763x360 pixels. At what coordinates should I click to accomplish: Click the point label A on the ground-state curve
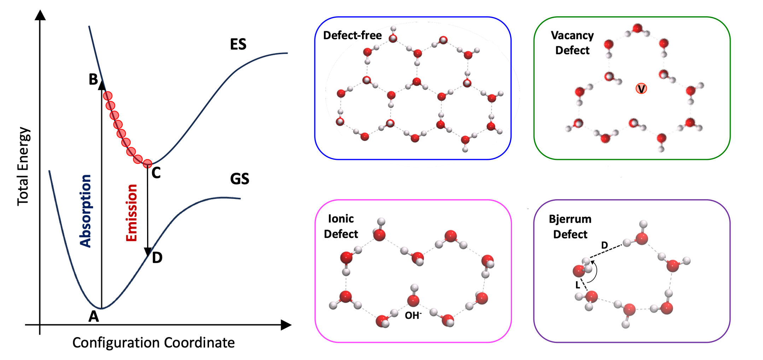[x=93, y=316]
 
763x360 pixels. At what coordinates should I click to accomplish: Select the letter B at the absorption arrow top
[x=93, y=79]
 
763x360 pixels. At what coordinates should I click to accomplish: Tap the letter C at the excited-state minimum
[x=156, y=173]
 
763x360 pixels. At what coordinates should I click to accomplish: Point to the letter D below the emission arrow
[x=157, y=258]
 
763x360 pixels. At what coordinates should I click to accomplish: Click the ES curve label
[x=238, y=45]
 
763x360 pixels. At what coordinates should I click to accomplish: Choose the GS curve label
[x=239, y=179]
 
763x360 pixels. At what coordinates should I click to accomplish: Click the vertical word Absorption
[x=86, y=211]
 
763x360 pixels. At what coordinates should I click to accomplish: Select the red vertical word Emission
[x=132, y=213]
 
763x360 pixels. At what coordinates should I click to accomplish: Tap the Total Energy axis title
[x=23, y=166]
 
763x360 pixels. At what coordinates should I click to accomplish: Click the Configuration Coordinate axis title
[x=153, y=343]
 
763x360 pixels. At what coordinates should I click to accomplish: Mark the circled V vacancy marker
[x=641, y=88]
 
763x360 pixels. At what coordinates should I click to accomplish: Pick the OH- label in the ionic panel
[x=413, y=315]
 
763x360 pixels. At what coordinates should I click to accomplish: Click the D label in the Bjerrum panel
[x=605, y=245]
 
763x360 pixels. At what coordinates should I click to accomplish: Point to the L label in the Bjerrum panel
[x=578, y=285]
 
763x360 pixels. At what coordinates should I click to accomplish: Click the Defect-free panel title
[x=352, y=35]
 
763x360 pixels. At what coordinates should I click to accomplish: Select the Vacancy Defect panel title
[x=572, y=43]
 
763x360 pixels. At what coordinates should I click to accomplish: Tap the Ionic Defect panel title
[x=341, y=226]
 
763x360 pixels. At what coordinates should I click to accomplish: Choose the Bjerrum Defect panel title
[x=570, y=227]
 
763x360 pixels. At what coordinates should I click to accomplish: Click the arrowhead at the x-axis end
[x=286, y=325]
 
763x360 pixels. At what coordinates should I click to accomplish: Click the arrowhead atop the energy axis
[x=40, y=16]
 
